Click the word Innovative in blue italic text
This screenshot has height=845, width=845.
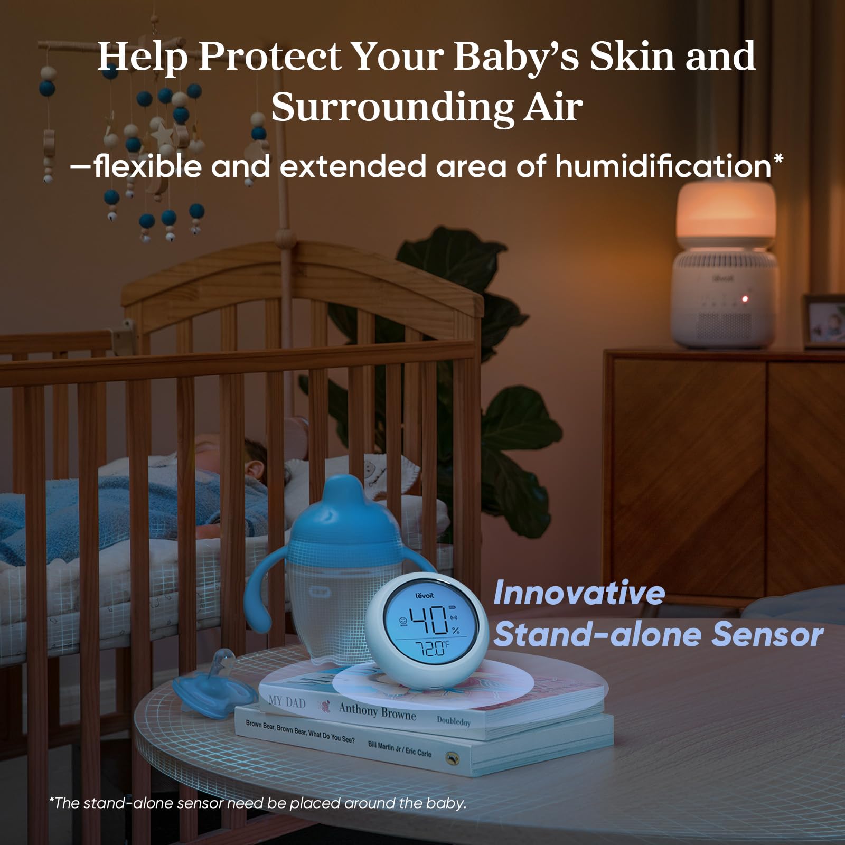[x=579, y=593]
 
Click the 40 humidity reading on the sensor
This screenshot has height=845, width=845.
[x=429, y=621]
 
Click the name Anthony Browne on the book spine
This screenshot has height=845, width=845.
[x=377, y=711]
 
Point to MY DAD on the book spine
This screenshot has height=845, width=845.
[x=287, y=701]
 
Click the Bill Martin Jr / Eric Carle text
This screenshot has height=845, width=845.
[x=399, y=748]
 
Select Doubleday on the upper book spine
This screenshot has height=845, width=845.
[x=453, y=721]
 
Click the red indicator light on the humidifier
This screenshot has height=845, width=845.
[x=745, y=299]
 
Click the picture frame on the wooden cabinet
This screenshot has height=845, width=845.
[x=824, y=322]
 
